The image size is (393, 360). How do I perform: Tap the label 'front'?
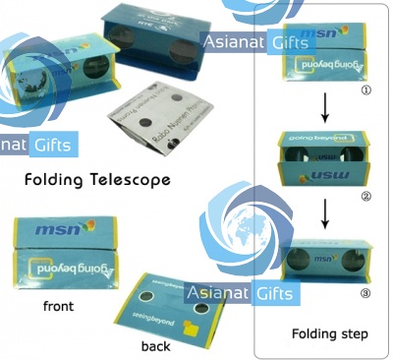tap(58, 306)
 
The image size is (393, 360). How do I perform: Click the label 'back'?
tap(155, 345)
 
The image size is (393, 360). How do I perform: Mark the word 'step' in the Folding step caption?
tap(354, 334)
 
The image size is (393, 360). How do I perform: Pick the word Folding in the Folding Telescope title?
tap(62, 180)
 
